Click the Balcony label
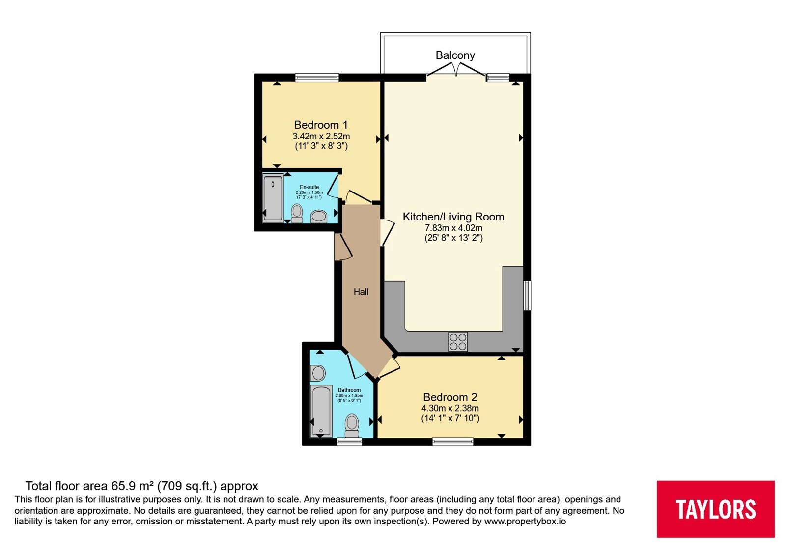click(x=455, y=55)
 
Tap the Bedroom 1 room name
click(x=321, y=125)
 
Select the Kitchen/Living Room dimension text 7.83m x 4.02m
click(x=453, y=228)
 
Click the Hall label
click(x=361, y=292)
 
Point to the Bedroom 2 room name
click(x=450, y=397)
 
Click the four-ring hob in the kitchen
click(x=458, y=342)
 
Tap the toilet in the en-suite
click(x=297, y=213)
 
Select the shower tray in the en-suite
click(x=273, y=198)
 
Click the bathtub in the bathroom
click(x=321, y=411)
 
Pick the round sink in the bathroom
click(x=318, y=373)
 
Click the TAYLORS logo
click(x=715, y=509)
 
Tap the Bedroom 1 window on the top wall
click(x=317, y=78)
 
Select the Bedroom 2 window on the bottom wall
click(x=452, y=441)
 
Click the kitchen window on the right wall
click(x=527, y=295)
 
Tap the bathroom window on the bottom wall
click(x=349, y=441)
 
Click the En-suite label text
click(x=309, y=187)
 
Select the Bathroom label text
click(x=349, y=390)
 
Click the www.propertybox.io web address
click(x=525, y=521)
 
